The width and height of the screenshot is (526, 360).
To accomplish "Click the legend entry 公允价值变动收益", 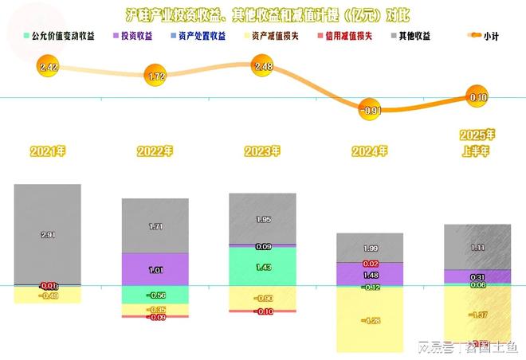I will click(63, 37).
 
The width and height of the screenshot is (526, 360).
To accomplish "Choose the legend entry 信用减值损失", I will click(346, 37).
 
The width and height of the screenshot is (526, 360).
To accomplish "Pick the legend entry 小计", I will click(481, 37).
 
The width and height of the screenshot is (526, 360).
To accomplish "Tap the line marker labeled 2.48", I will click(263, 66).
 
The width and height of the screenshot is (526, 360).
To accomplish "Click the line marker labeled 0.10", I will click(477, 98).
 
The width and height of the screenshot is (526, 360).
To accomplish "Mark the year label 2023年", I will click(262, 151).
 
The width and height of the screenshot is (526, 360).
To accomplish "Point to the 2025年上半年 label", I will click(477, 141).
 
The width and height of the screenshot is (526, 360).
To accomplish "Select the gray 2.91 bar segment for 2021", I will click(47, 234).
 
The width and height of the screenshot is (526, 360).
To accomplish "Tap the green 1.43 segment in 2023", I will click(262, 266).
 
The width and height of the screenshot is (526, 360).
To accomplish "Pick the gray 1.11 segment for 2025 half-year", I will click(477, 247).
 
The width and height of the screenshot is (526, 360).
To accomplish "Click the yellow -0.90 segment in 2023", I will click(262, 298).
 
